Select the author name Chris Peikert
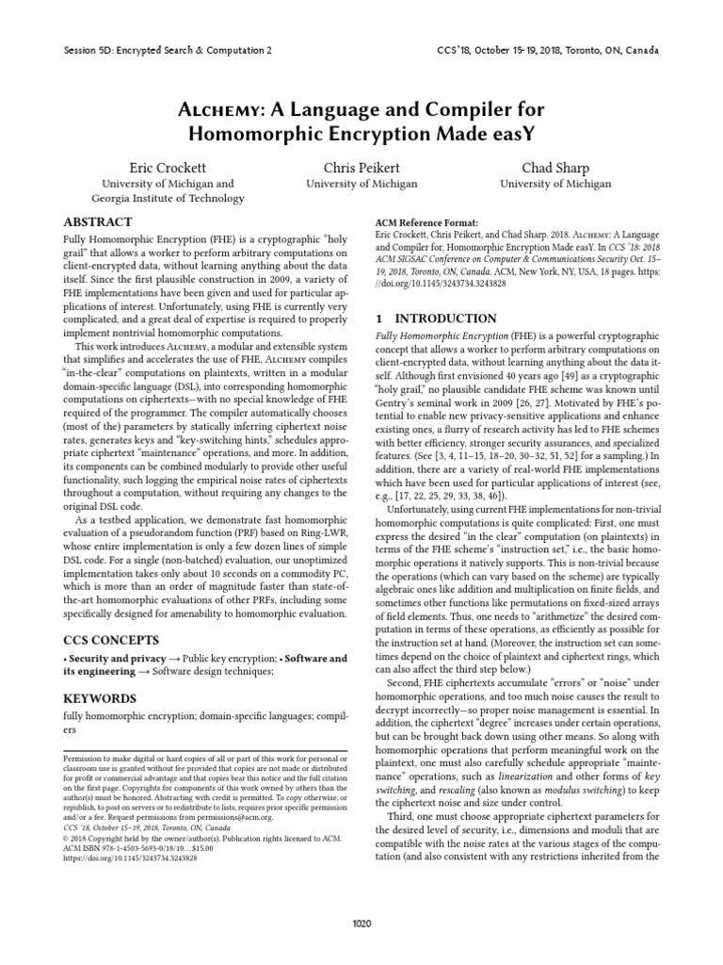pos(361,167)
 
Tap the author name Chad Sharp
pos(555,167)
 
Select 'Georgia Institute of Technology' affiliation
pos(168,200)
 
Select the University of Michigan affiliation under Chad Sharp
pos(555,185)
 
